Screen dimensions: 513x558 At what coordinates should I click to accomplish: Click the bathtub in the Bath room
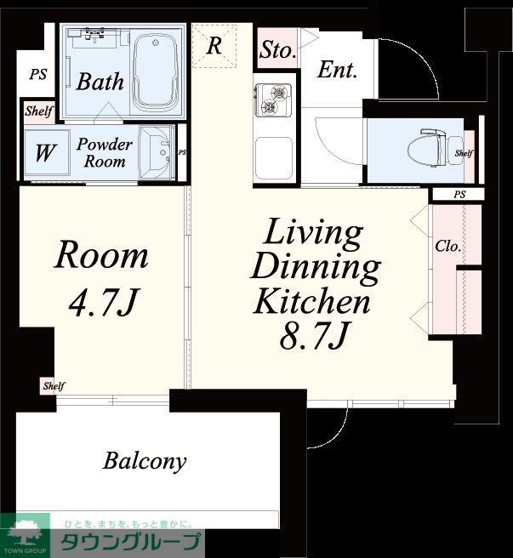click(156, 71)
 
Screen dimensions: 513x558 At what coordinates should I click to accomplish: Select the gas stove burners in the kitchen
click(272, 99)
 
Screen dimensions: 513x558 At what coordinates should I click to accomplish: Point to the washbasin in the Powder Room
click(157, 152)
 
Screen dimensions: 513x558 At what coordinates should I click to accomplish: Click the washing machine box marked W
click(47, 152)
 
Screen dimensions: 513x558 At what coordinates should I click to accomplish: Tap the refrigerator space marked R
click(214, 46)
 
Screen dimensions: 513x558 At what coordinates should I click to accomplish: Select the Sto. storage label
click(277, 49)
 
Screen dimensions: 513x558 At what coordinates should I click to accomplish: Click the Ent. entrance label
click(337, 70)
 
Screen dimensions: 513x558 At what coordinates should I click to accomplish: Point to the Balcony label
click(145, 461)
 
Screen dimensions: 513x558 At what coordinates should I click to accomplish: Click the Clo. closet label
click(447, 247)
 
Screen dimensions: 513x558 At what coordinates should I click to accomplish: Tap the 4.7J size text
click(103, 303)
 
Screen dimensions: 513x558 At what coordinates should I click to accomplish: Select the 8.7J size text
click(313, 335)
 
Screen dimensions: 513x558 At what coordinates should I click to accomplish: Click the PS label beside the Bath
click(38, 74)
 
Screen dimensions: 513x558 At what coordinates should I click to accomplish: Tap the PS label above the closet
click(459, 194)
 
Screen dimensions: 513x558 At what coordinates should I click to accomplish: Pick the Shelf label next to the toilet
click(464, 153)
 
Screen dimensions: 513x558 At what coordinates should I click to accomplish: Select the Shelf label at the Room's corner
click(54, 386)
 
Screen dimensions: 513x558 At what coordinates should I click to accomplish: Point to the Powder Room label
click(105, 152)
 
